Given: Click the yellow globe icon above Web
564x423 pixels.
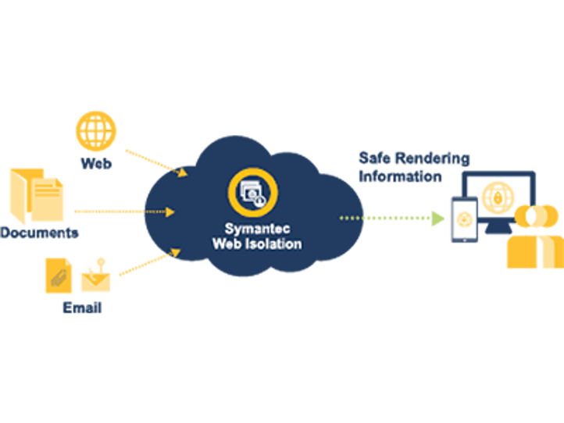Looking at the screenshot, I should tap(96, 130).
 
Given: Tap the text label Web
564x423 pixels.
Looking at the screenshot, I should tap(96, 164).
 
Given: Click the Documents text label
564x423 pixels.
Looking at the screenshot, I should tap(39, 232).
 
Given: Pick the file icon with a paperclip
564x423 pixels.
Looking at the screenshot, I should tap(59, 275).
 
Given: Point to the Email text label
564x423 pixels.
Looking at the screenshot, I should tap(82, 307).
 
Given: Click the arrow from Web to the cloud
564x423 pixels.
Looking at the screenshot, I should tap(156, 161).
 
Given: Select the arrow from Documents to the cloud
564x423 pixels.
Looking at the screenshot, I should tap(125, 211).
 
